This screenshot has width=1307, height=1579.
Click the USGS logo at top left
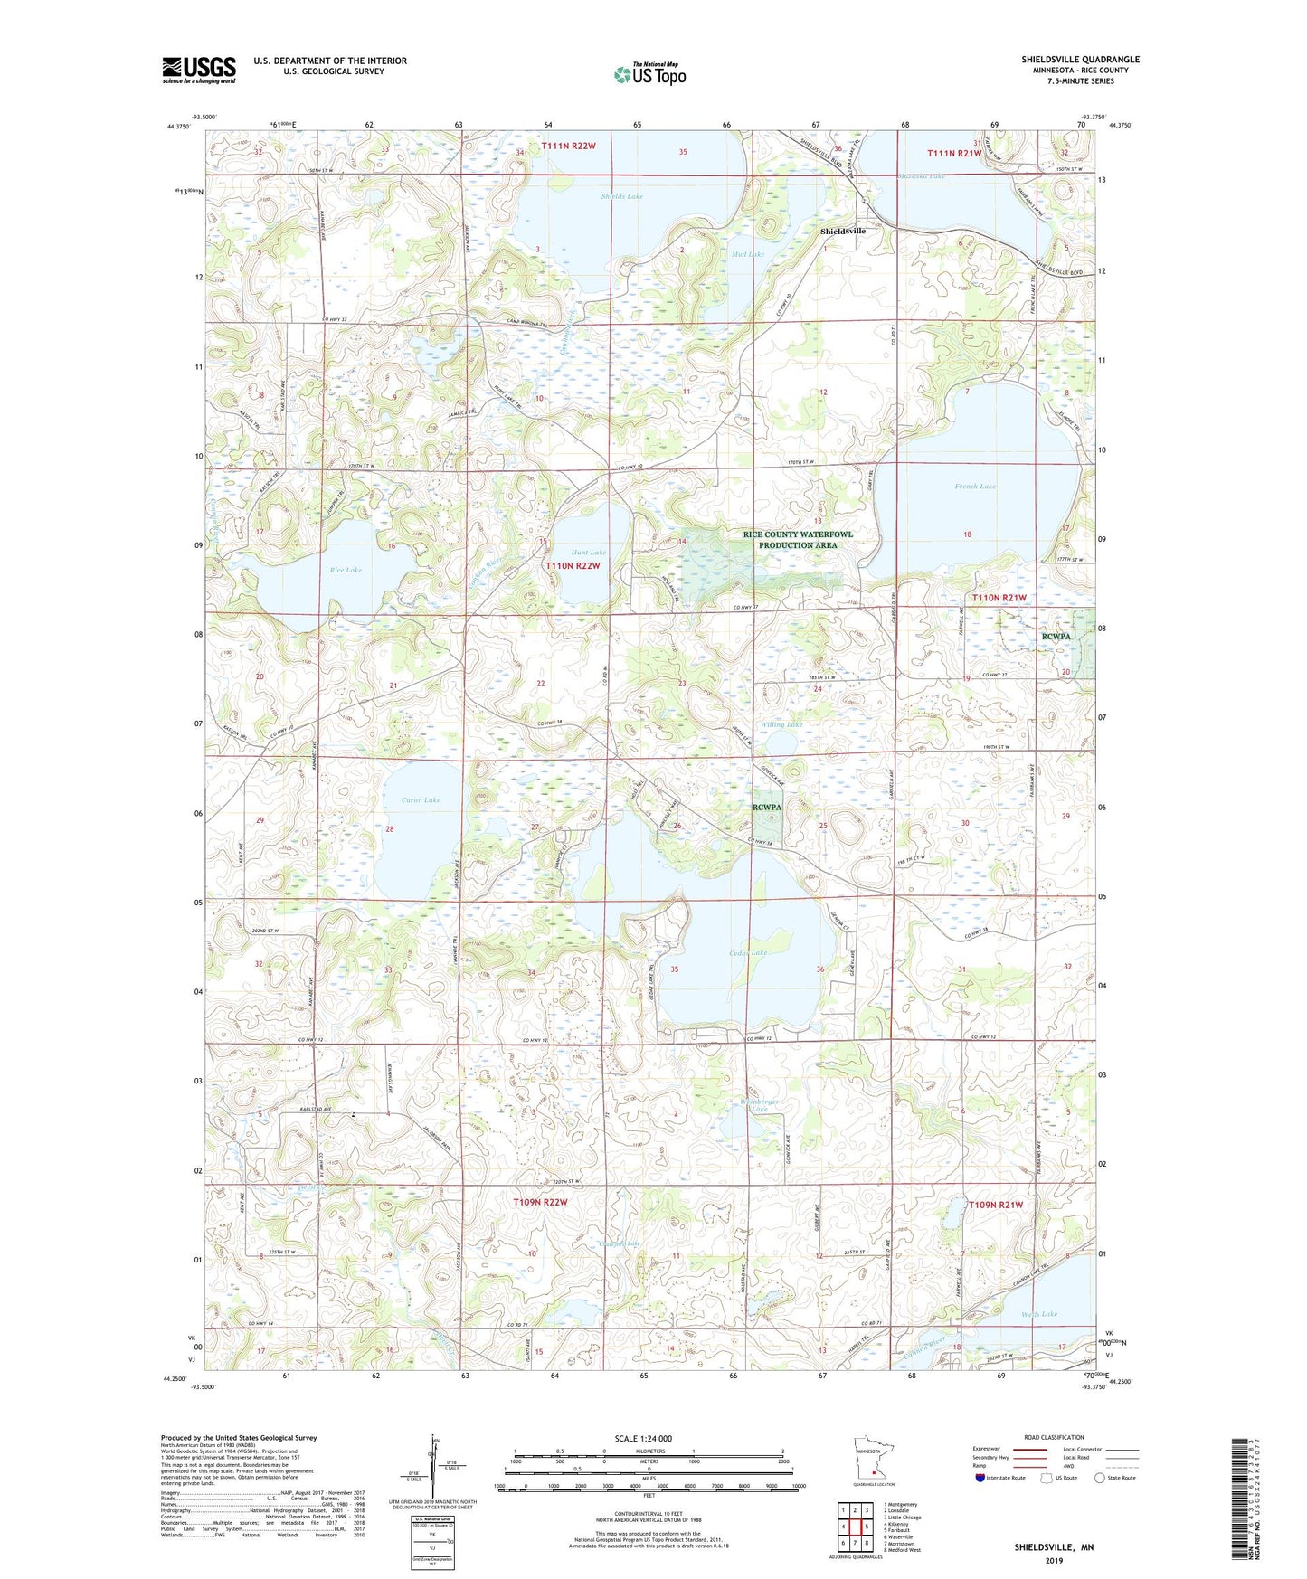point(198,70)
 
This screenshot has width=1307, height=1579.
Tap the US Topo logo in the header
point(649,74)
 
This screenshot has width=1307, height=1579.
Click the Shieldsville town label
point(842,232)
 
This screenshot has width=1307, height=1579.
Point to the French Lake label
point(974,487)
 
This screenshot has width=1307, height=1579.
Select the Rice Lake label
point(346,570)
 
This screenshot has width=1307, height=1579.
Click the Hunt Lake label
point(588,552)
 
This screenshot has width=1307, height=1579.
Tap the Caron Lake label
point(421,800)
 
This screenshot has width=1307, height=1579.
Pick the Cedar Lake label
point(748,953)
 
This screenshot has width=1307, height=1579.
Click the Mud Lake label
point(747,255)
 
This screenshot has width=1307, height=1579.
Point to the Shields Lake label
point(621,196)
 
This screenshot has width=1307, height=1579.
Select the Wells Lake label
point(1039,1314)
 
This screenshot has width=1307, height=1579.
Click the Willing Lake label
point(781,724)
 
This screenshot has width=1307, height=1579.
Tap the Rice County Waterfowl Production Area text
point(797,540)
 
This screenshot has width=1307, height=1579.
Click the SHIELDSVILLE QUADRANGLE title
point(1080,60)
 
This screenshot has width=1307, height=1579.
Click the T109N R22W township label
point(539,1202)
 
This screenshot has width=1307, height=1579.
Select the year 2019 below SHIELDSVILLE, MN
point(1054,1560)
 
